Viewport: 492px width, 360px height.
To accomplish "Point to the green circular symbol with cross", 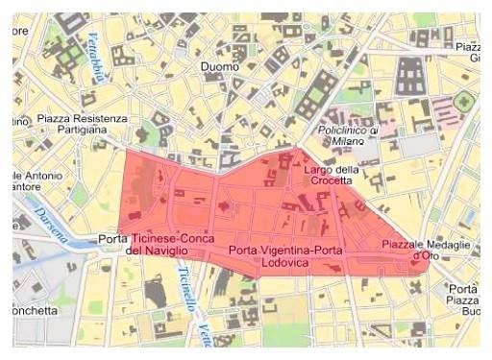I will pos(465,99).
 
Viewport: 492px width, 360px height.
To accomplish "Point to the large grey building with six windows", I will pos(411,76).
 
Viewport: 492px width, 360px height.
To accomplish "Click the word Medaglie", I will pos(448,245).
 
